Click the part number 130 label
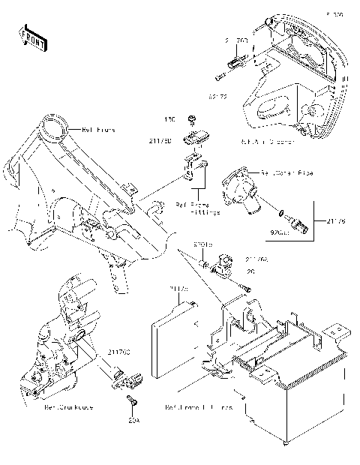point(170,119)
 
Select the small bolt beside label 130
point(193,119)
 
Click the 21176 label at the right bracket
point(338,221)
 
